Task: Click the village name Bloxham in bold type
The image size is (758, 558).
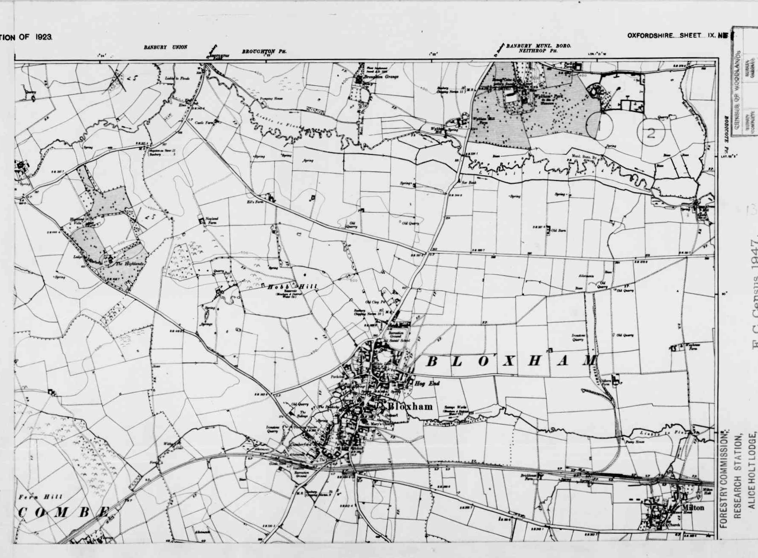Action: click(410, 407)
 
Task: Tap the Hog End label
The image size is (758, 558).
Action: click(427, 384)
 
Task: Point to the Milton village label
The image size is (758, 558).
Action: click(693, 508)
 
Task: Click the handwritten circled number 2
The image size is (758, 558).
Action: click(651, 133)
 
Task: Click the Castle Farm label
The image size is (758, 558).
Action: click(204, 123)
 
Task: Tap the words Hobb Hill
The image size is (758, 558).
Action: click(293, 287)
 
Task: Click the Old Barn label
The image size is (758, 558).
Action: click(558, 230)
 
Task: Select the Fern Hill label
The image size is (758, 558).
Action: click(41, 497)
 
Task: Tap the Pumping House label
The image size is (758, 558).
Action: click(269, 99)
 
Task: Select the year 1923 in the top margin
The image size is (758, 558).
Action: click(44, 37)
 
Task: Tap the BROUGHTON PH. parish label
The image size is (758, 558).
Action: click(264, 52)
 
